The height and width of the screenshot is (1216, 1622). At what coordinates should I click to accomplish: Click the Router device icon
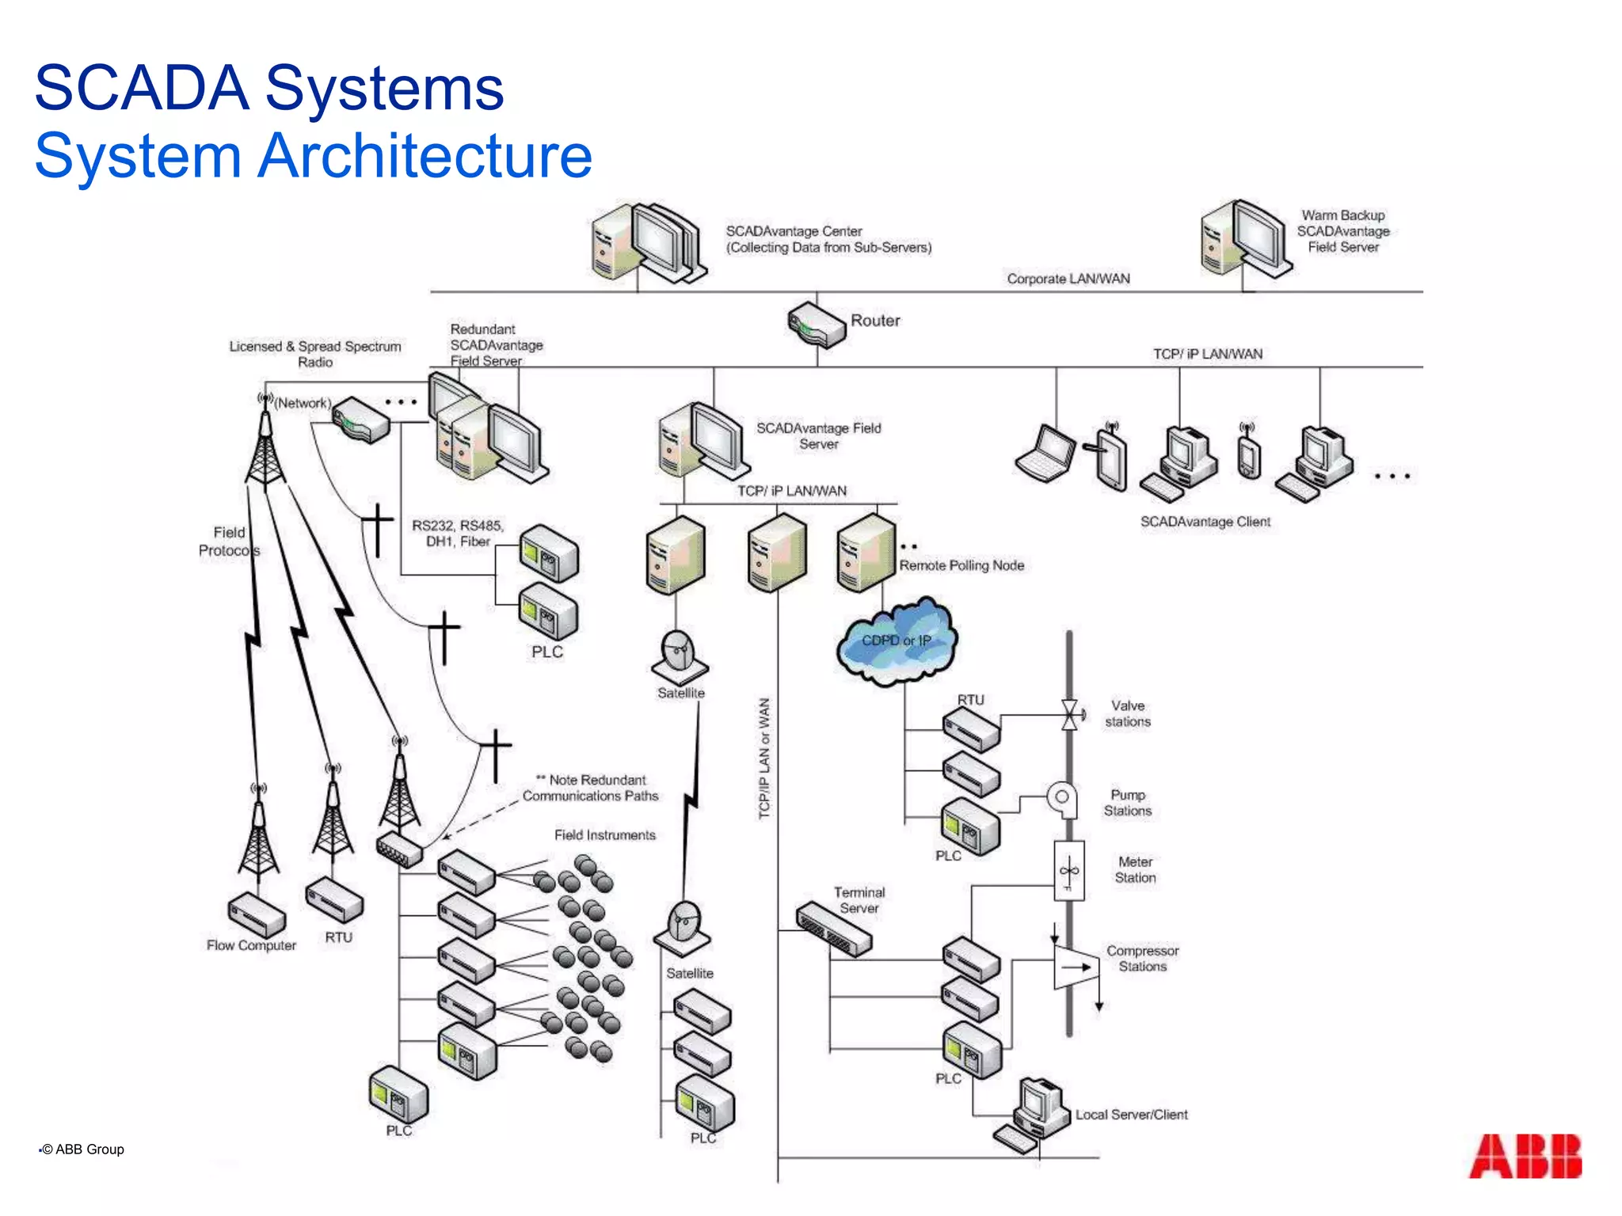pyautogui.click(x=817, y=325)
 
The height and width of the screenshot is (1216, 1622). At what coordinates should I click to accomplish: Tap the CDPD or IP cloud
pyautogui.click(x=897, y=641)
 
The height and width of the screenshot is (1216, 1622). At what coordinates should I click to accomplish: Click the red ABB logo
pyautogui.click(x=1525, y=1157)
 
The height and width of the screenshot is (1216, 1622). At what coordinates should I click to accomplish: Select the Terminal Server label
pyautogui.click(x=859, y=900)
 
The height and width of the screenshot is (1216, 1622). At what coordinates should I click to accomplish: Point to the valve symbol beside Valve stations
pyautogui.click(x=1069, y=715)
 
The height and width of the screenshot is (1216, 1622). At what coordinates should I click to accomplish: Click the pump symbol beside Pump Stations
pyautogui.click(x=1062, y=799)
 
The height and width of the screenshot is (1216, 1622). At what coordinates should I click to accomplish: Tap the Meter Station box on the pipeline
pyautogui.click(x=1068, y=871)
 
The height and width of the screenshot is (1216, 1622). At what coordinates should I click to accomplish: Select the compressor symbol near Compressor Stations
pyautogui.click(x=1076, y=967)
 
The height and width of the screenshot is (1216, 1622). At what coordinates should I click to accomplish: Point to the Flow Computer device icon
pyautogui.click(x=257, y=915)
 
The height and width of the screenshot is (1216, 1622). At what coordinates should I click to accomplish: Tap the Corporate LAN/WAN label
pyautogui.click(x=1068, y=279)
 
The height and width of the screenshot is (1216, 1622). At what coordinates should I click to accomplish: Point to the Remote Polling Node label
pyautogui.click(x=961, y=565)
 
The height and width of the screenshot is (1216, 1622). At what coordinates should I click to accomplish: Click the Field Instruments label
pyautogui.click(x=604, y=835)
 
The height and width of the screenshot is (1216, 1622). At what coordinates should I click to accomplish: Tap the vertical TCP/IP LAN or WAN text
pyautogui.click(x=764, y=758)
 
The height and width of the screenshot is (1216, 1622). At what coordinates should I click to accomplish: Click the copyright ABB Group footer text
pyautogui.click(x=83, y=1149)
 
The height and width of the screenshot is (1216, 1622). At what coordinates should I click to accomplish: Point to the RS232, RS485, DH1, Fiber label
pyautogui.click(x=457, y=534)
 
